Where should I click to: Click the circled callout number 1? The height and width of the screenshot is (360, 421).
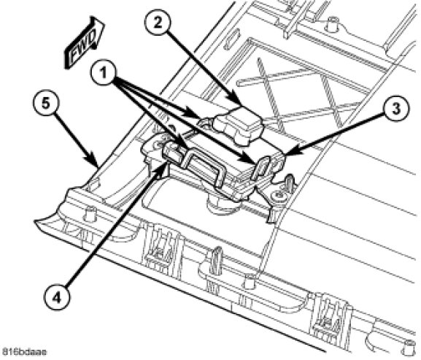pyautogui.click(x=104, y=73)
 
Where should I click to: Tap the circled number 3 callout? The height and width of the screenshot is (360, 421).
pyautogui.click(x=396, y=109)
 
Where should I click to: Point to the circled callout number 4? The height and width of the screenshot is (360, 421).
pyautogui.click(x=56, y=298)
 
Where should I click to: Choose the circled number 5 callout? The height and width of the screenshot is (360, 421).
pyautogui.click(x=46, y=104)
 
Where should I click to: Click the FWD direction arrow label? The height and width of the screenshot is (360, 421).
pyautogui.click(x=84, y=42)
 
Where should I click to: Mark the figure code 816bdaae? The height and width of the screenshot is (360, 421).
pyautogui.click(x=24, y=352)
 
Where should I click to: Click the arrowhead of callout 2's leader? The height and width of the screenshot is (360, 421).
pyautogui.click(x=240, y=104)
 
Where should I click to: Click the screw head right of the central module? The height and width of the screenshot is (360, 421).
pyautogui.click(x=277, y=196)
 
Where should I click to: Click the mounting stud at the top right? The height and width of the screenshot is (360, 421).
pyautogui.click(x=331, y=23)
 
